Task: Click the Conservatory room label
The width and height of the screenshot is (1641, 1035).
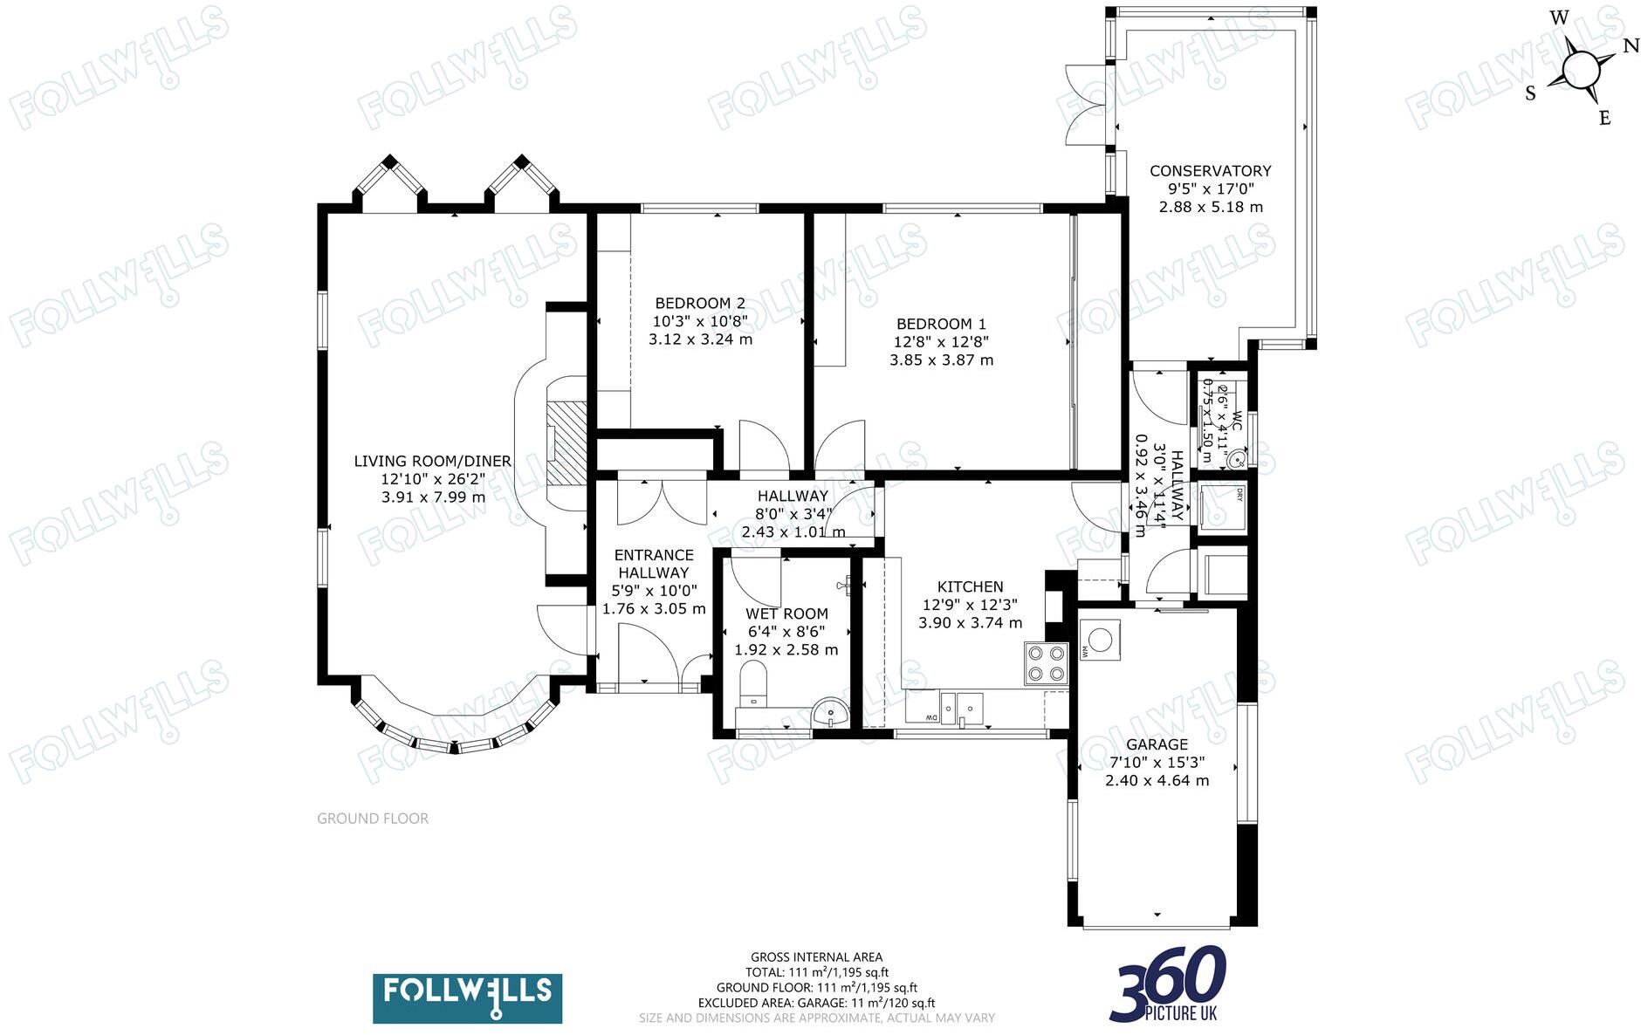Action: coord(1210,171)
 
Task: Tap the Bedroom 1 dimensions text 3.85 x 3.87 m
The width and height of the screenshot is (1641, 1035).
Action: coord(941,360)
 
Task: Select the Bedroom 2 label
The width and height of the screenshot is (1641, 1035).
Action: coord(700,303)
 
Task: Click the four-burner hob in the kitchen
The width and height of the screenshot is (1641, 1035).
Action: coord(1046,663)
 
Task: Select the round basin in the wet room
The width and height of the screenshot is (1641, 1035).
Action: coord(829,714)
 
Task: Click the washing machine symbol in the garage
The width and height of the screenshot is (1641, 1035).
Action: coord(1100,640)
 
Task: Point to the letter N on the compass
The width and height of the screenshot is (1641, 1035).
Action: coord(1631,46)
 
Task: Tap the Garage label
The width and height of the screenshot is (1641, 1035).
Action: coord(1157,744)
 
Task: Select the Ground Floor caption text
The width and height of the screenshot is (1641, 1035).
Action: coord(373,819)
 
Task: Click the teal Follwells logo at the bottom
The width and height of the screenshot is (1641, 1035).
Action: coord(468,998)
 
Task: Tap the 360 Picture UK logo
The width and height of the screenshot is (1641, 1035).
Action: coord(1170,984)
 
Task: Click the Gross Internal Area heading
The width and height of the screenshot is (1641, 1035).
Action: coord(816,957)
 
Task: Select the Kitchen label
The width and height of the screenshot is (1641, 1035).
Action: coord(970,586)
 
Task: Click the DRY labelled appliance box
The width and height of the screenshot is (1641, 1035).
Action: coord(1219,505)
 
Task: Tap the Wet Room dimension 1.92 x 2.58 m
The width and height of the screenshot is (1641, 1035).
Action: coord(786,649)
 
